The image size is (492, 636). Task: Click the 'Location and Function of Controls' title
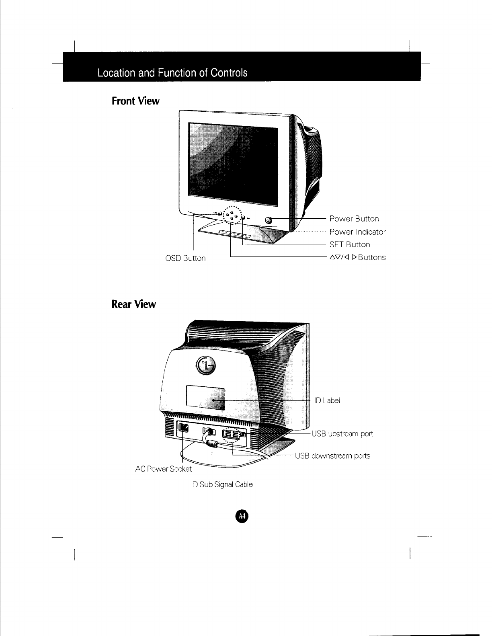point(172,73)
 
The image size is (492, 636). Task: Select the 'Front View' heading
point(135,101)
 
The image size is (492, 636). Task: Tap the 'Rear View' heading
point(133,304)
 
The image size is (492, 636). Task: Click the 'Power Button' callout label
point(354,219)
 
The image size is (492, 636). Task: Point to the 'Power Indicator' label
point(357,232)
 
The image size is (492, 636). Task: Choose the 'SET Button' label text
point(349,244)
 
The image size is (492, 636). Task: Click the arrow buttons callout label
point(357,257)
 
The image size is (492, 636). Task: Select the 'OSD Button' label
point(185,258)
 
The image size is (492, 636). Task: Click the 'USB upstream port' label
point(342,434)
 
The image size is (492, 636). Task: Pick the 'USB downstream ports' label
point(332,456)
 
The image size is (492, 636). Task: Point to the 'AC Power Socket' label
point(164,469)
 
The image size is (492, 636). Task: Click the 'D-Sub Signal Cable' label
point(223,484)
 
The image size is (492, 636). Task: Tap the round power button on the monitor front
point(269,220)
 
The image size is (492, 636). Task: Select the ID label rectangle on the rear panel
point(205,399)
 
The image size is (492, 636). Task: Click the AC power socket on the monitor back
point(184,428)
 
